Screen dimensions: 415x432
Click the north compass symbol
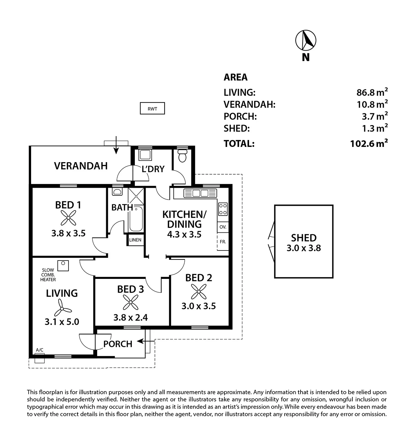(306, 41)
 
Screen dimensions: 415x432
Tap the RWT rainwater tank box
(152, 108)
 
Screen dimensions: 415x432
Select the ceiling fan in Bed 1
(68, 218)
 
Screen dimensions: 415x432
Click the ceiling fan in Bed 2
(199, 292)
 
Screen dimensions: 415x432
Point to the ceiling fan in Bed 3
(130, 302)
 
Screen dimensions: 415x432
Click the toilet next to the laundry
(182, 155)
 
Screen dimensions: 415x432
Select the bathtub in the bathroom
(136, 219)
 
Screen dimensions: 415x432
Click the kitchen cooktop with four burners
(223, 209)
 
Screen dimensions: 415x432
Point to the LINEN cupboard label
(135, 240)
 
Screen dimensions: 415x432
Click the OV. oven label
(223, 227)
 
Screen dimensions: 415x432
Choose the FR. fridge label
(223, 242)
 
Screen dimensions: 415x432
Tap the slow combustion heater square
(63, 266)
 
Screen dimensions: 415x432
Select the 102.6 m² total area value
(369, 143)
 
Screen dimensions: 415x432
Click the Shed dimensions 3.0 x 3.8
(304, 248)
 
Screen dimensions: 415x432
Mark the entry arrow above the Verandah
(116, 145)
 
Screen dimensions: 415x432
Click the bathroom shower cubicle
(136, 196)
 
